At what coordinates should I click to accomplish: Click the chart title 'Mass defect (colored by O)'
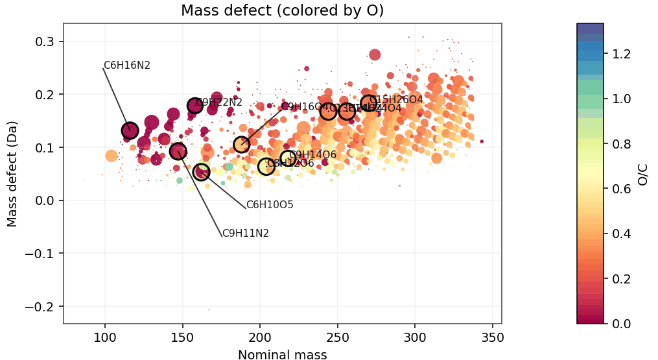[282, 10]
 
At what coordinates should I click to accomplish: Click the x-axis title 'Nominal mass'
[282, 354]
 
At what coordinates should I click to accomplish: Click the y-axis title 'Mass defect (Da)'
[12, 173]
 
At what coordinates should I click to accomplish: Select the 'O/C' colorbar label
[642, 173]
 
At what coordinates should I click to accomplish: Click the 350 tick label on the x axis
[492, 337]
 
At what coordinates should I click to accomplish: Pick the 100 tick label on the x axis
[104, 337]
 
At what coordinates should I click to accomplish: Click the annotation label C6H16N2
[127, 66]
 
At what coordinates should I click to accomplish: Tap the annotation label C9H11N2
[245, 234]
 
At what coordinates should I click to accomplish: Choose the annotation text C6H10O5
[270, 205]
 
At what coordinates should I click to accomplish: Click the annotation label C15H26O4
[396, 100]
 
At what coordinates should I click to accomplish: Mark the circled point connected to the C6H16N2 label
[130, 130]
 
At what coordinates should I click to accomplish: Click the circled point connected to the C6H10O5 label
[202, 172]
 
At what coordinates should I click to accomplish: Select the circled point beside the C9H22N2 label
[195, 106]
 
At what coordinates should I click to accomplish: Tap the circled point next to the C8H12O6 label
[266, 167]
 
